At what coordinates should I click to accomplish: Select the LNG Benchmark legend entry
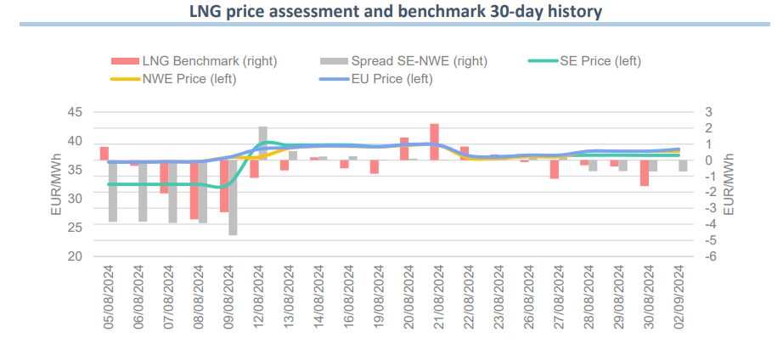194,61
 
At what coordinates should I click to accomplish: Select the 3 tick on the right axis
709,112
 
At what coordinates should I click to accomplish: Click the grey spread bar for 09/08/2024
233,197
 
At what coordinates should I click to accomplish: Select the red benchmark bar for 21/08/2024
434,142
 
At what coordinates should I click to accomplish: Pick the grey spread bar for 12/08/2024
263,143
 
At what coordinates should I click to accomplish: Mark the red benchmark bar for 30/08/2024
645,172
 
